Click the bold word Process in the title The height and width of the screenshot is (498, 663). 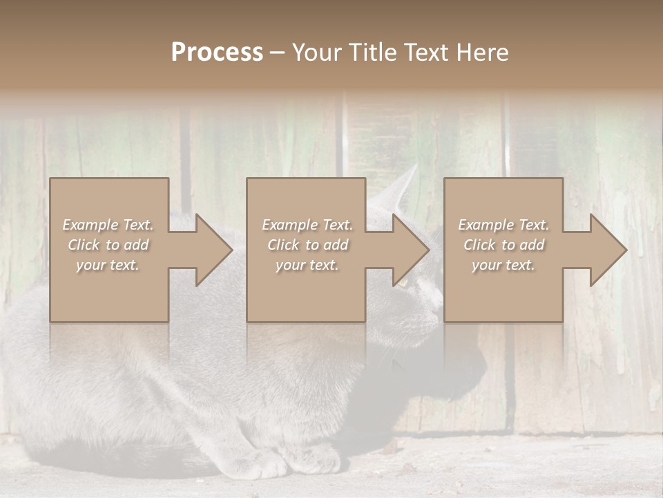pos(217,53)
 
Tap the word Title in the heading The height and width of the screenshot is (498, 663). pos(371,53)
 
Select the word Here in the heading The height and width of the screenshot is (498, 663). pos(481,53)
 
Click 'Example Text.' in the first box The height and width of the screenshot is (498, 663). pos(108,225)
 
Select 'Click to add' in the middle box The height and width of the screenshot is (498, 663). pos(307,245)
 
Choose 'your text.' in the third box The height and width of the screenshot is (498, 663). pos(503,265)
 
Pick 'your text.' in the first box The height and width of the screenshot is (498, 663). pos(108,265)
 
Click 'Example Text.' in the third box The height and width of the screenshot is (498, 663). pos(503,225)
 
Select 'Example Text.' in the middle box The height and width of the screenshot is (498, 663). pos(307,225)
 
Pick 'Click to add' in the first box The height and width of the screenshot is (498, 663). pos(108,245)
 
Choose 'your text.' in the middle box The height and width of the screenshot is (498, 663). pos(307,265)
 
